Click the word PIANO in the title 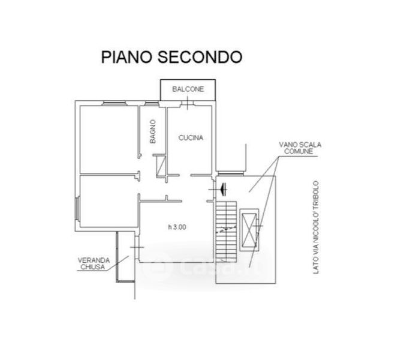pos(126,57)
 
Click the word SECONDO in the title pos(200,57)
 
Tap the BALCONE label pos(188,89)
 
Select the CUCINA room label pos(191,137)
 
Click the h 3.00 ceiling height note pos(177,227)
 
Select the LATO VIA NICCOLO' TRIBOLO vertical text pos(318,228)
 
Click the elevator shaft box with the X pos(248,230)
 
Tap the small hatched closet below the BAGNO pos(159,166)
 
